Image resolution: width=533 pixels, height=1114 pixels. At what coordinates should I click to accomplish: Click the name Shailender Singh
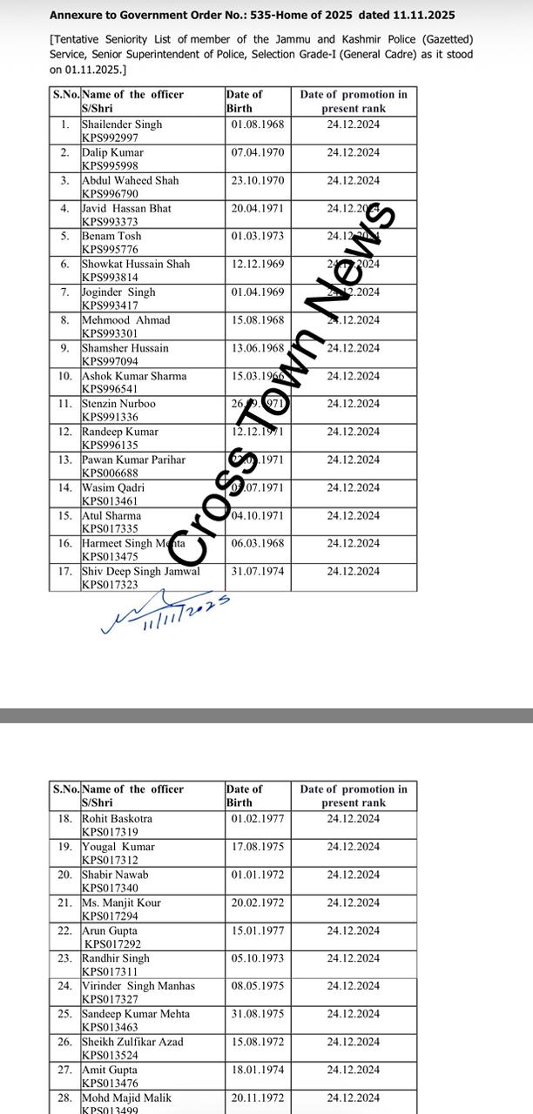point(122,124)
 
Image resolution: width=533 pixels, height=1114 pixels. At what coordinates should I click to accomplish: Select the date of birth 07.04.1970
point(258,152)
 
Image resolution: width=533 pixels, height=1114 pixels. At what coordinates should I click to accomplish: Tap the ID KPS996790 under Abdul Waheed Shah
point(110,194)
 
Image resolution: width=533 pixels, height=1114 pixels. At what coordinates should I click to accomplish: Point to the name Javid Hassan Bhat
point(126,209)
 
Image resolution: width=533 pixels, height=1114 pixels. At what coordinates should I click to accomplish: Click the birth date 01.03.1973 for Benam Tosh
point(258,236)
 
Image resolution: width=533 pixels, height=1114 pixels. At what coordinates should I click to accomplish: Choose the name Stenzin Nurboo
point(118,404)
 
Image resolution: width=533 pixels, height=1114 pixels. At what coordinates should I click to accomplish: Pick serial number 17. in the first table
point(65,572)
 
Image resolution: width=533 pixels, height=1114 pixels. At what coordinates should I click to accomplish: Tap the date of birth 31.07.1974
point(258,572)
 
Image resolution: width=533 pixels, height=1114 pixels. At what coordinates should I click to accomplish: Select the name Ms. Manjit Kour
point(121,903)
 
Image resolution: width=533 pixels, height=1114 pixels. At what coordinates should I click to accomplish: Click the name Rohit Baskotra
point(117,819)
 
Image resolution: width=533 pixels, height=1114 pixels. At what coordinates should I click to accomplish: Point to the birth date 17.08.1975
point(258,847)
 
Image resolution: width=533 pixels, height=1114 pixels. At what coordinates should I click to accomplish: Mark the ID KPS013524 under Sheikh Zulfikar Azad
point(110,1056)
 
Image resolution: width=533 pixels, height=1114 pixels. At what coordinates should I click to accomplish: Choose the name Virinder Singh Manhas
point(138,986)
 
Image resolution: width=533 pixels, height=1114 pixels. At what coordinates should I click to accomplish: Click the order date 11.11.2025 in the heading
point(426,16)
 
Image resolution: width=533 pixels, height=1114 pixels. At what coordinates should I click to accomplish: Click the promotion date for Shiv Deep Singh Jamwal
point(353,572)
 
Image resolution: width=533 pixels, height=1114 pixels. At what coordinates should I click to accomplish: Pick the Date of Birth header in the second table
point(244,795)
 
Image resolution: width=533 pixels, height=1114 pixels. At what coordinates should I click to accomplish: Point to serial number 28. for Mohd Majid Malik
point(65,1097)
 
